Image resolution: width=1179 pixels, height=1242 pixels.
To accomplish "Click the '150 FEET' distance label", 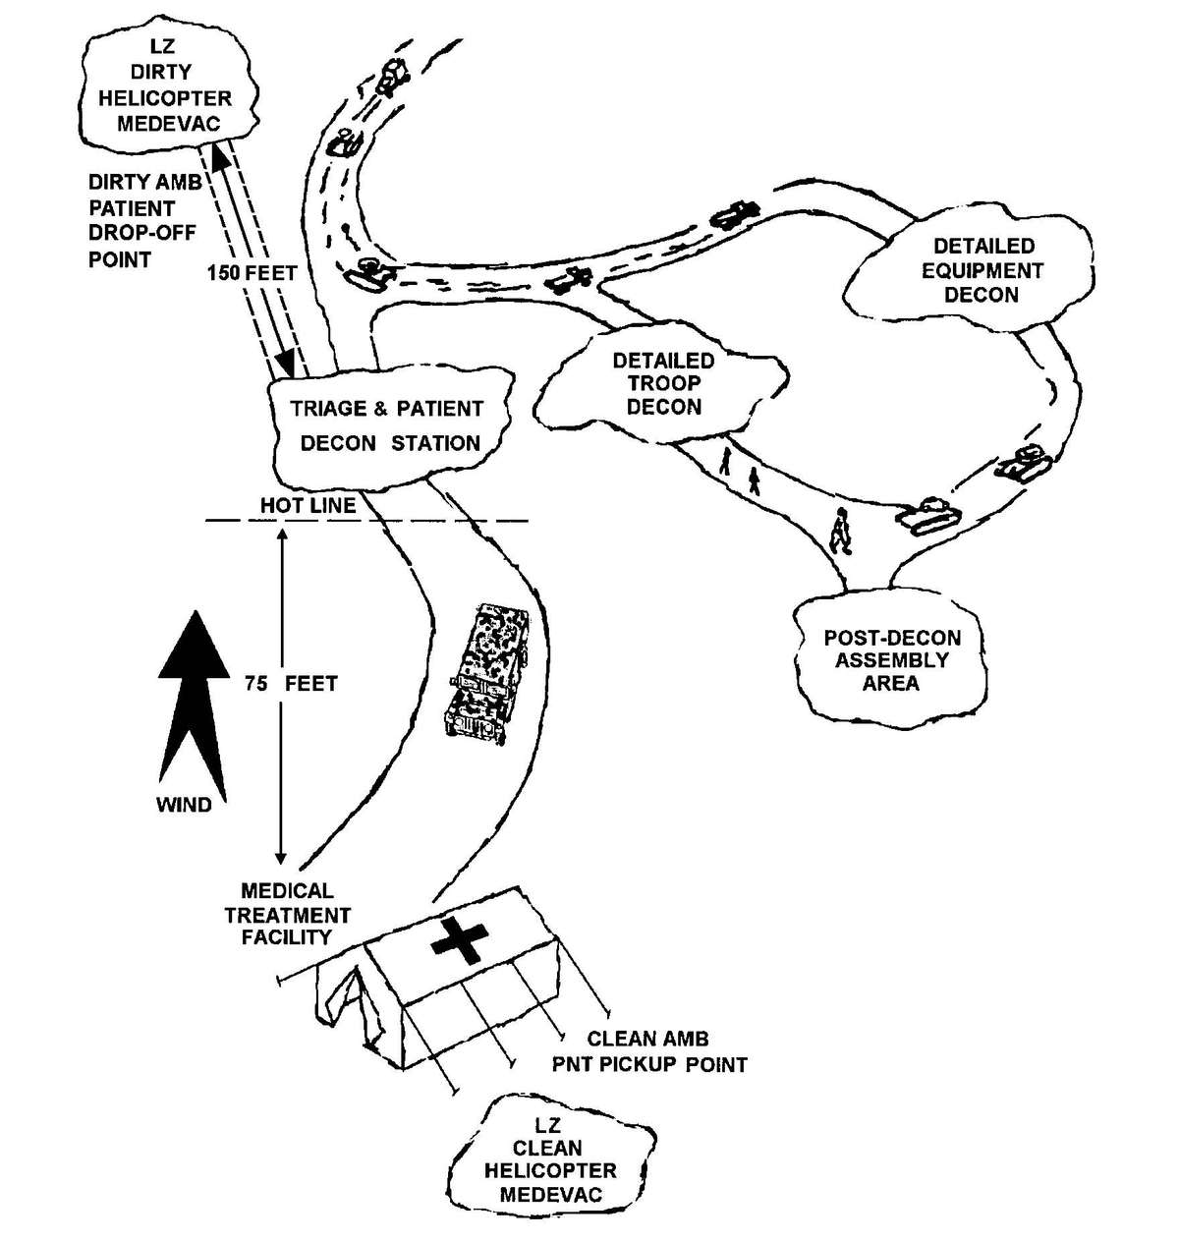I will click(252, 274).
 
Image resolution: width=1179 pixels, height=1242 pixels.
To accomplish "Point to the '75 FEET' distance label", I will click(291, 683).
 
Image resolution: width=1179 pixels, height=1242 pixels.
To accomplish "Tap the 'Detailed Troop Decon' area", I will click(663, 383).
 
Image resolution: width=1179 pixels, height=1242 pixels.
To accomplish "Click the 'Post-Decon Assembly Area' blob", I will click(891, 659).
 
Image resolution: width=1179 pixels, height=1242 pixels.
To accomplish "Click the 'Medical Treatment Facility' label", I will click(287, 915).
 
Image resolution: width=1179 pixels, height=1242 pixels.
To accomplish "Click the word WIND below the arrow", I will click(184, 806).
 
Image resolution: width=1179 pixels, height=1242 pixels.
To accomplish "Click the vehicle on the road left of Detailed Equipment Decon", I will click(733, 214).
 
